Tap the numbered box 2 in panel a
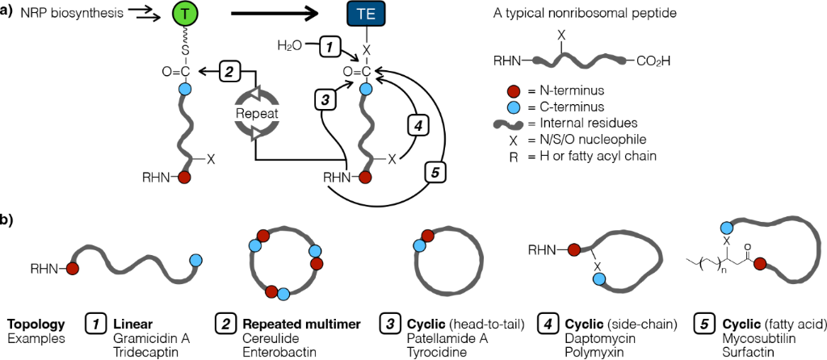coord(229,73)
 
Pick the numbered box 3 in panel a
coord(324,100)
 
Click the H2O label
coord(289,47)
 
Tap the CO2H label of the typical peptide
coord(653,61)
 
